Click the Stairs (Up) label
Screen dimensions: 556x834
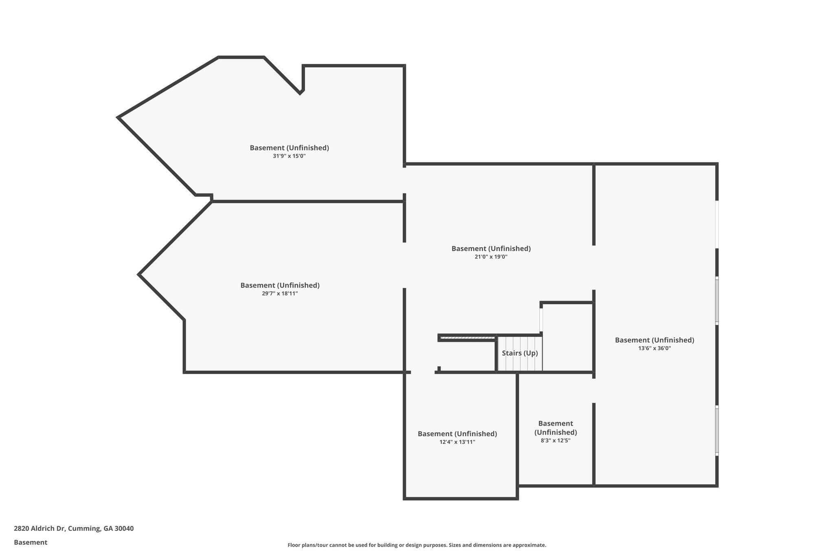(x=520, y=353)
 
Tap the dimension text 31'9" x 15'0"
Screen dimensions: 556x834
(x=289, y=156)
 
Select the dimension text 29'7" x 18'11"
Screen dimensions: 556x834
(x=280, y=293)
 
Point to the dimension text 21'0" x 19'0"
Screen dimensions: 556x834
(x=491, y=257)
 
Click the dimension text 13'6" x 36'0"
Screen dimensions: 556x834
(x=654, y=348)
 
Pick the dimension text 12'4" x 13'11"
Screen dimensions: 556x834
(x=457, y=442)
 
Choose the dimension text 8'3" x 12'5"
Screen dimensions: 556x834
(x=555, y=440)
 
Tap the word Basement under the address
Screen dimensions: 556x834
(x=31, y=542)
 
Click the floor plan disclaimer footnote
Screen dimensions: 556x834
(x=417, y=545)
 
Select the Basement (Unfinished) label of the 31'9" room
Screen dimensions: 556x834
(x=289, y=148)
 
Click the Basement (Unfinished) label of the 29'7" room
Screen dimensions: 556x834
(x=280, y=285)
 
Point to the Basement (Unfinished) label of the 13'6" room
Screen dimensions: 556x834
(x=654, y=340)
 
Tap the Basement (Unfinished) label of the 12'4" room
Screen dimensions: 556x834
(x=457, y=434)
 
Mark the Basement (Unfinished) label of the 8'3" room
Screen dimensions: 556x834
(x=555, y=428)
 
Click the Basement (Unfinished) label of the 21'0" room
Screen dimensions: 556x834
(x=491, y=248)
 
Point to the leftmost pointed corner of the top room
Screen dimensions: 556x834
(x=119, y=117)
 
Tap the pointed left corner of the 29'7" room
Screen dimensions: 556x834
(x=140, y=275)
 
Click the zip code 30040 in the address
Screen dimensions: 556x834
(x=124, y=529)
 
